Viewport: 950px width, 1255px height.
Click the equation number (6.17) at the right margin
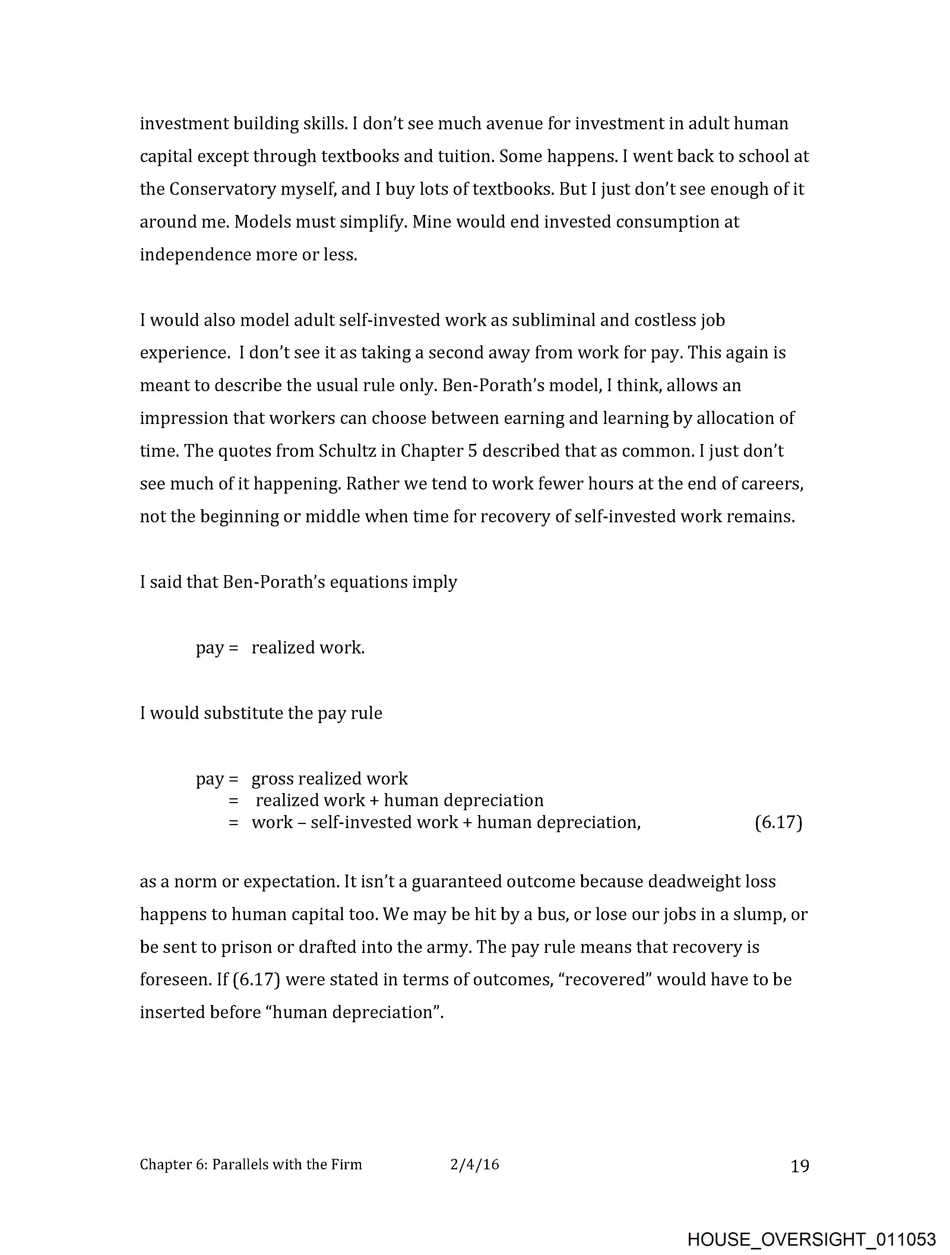[x=778, y=822]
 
